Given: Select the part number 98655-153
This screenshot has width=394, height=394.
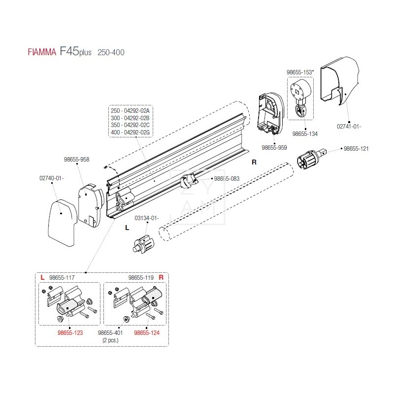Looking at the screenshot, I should point(300,72).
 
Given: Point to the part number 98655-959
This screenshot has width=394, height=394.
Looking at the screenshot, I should point(274,147).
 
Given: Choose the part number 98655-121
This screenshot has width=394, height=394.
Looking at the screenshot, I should point(356,148).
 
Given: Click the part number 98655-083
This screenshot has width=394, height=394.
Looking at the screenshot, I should point(226,178).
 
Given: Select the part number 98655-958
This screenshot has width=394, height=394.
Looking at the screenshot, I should point(76,160).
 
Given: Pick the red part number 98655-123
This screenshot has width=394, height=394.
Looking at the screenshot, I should point(70,333).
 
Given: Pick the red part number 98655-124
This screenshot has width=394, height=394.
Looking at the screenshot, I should point(147,333).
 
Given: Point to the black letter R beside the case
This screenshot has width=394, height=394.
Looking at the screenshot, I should point(255,162).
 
